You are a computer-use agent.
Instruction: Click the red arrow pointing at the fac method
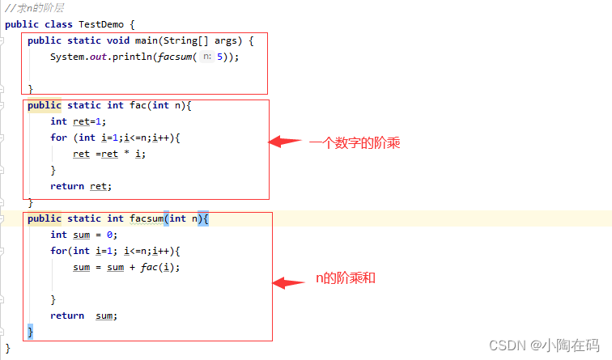tap(284, 142)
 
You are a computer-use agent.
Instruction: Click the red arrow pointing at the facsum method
tap(287, 282)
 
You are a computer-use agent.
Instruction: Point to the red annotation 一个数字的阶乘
tap(355, 143)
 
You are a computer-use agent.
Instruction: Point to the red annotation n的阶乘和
tap(346, 278)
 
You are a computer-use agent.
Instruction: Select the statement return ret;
tap(81, 186)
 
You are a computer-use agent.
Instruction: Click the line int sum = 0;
tap(84, 235)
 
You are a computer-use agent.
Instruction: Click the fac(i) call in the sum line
tap(163, 267)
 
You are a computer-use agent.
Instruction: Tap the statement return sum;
tap(84, 316)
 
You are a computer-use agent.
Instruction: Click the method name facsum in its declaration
tap(147, 218)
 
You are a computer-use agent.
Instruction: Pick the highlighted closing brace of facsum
tap(31, 332)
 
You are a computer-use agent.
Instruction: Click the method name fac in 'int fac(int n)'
tap(138, 105)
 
